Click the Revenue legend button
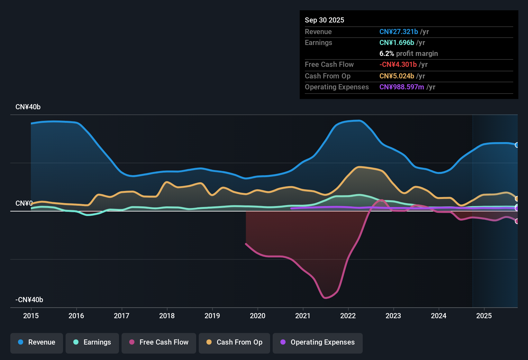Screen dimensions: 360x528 coord(37,342)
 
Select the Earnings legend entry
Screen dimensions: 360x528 coord(92,342)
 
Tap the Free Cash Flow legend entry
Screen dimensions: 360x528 coord(159,342)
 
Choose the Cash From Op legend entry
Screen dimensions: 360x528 coord(234,342)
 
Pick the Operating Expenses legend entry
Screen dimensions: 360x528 coord(318,342)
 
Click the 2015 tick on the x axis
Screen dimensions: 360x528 coord(31,316)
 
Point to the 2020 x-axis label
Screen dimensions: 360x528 coord(258,316)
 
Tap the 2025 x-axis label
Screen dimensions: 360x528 coord(484,316)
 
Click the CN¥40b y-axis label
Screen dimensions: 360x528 coord(28,107)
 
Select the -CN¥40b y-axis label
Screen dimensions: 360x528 coord(29,300)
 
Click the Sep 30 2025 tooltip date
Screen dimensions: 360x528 coord(324,20)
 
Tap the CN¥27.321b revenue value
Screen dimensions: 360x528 coord(398,32)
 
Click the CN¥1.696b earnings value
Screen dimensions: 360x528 coord(396,42)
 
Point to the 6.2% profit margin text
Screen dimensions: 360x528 coord(408,53)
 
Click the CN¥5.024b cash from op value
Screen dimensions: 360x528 coord(396,76)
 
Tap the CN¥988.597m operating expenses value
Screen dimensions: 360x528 coord(402,87)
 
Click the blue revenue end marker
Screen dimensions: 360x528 coord(517,145)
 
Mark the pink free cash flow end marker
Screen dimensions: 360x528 coord(517,221)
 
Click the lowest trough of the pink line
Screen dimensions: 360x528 coord(325,298)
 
